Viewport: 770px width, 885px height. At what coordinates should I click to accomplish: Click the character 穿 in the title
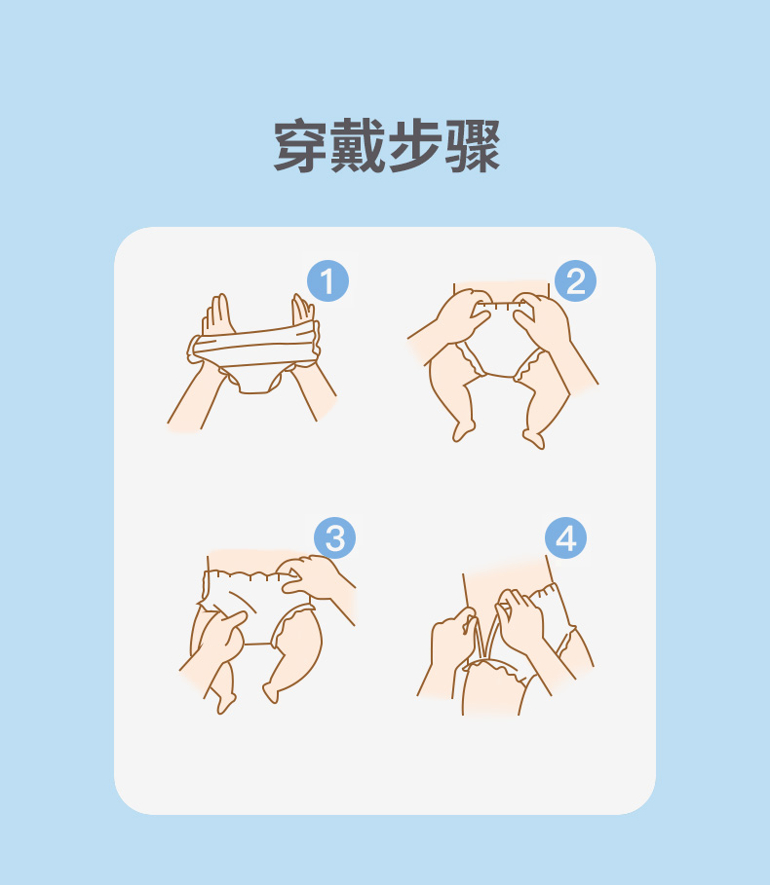302,146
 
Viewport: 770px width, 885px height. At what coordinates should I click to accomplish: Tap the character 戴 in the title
358,146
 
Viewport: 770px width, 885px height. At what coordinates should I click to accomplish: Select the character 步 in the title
415,146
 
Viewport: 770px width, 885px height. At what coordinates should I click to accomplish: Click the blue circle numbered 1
327,280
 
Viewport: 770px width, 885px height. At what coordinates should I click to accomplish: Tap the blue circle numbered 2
575,280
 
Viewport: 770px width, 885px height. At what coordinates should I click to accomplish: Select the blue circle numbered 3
334,537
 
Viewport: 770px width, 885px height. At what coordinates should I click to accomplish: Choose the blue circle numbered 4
565,537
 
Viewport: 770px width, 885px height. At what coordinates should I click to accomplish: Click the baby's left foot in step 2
463,430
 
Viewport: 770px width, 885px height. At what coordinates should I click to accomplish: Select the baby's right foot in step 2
534,438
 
